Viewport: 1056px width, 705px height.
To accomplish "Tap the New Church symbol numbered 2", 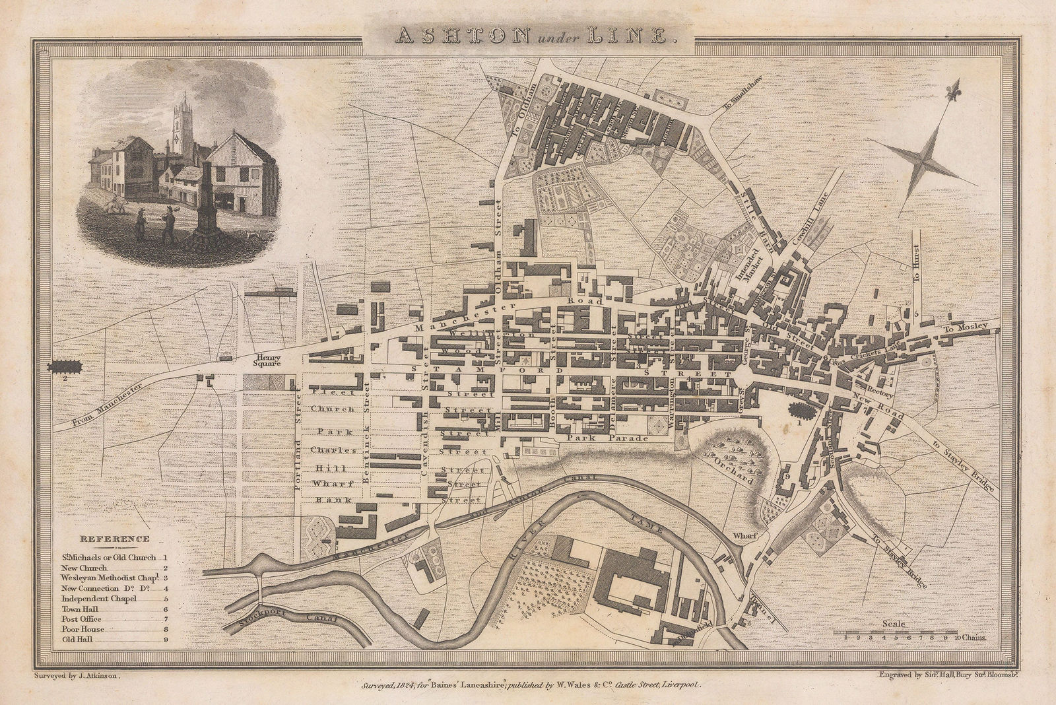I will tap(65, 366).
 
